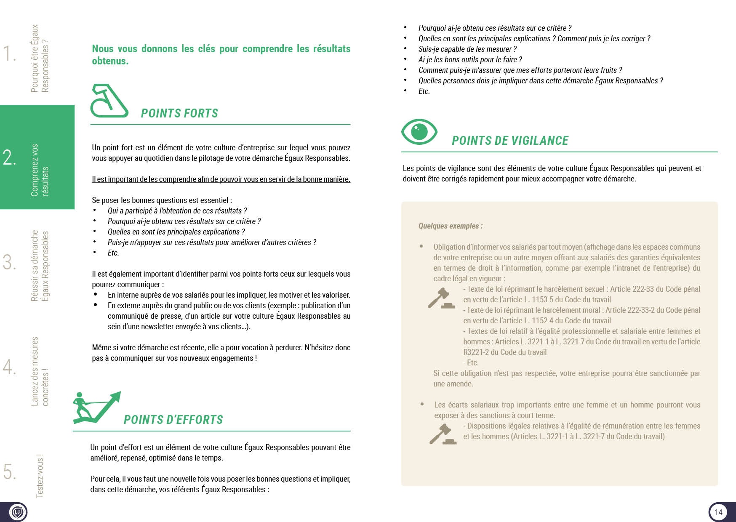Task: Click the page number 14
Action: pyautogui.click(x=718, y=512)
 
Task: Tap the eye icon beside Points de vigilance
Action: pyautogui.click(x=419, y=132)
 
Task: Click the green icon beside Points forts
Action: pyautogui.click(x=109, y=101)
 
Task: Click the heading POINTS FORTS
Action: pyautogui.click(x=180, y=113)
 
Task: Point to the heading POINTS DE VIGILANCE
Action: pyautogui.click(x=510, y=141)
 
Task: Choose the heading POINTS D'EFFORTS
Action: pyautogui.click(x=173, y=420)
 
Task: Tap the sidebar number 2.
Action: pyautogui.click(x=10, y=157)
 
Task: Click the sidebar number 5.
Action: pyautogui.click(x=10, y=471)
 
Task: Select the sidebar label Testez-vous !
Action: pyautogui.click(x=40, y=476)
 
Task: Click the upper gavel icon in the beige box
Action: pyautogui.click(x=441, y=298)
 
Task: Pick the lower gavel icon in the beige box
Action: pyautogui.click(x=443, y=434)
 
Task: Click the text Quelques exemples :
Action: pyautogui.click(x=451, y=226)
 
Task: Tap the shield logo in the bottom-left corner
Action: pyautogui.click(x=17, y=512)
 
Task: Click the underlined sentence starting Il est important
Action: pyautogui.click(x=221, y=179)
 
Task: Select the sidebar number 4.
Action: pyautogui.click(x=9, y=367)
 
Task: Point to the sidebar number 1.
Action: pyautogui.click(x=9, y=53)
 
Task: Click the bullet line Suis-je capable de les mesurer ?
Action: pyautogui.click(x=467, y=49)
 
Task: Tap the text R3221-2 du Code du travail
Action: pyautogui.click(x=505, y=352)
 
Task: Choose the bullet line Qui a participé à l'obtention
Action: pyautogui.click(x=177, y=211)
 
